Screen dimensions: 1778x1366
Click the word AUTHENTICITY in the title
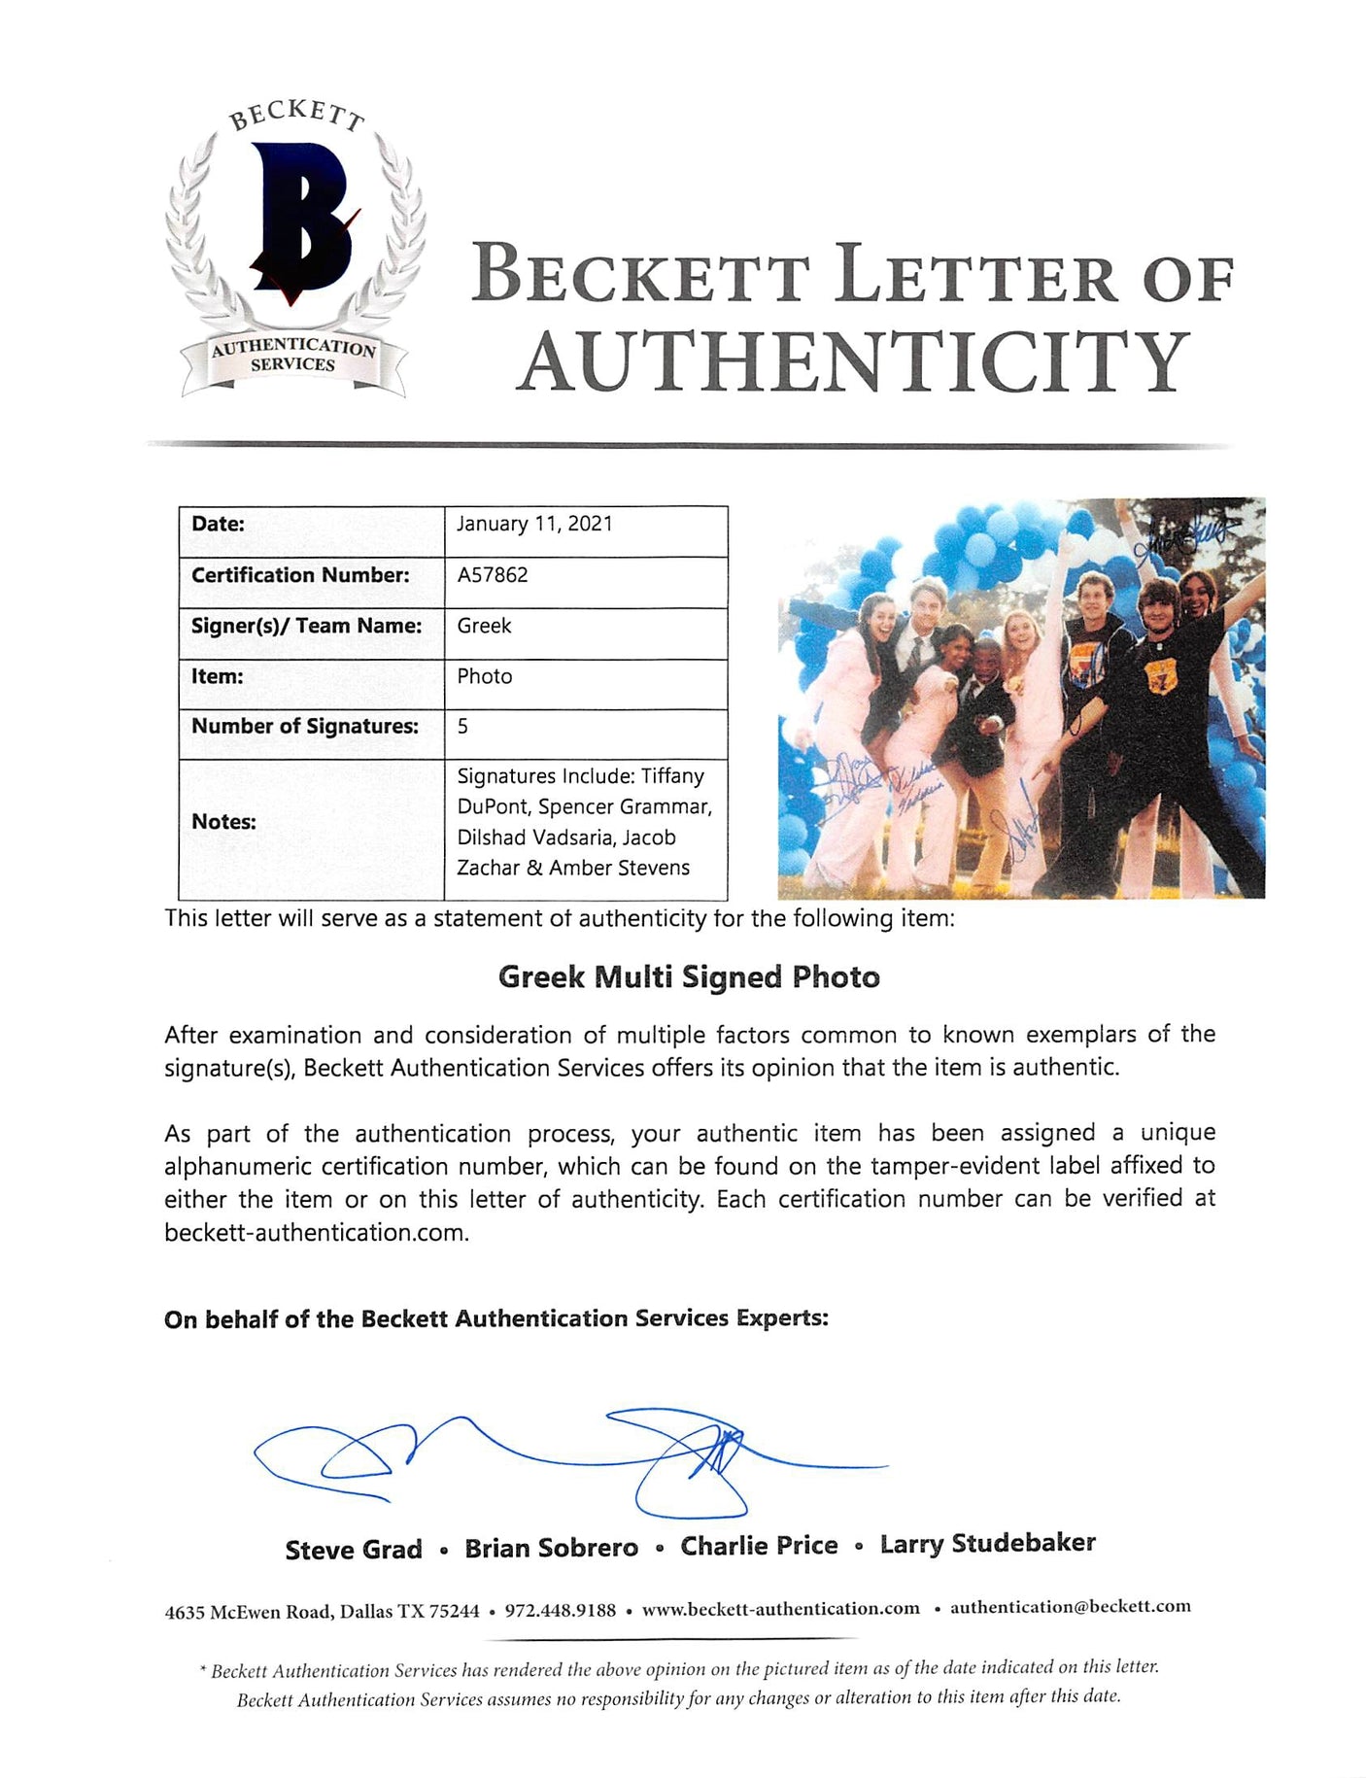[x=853, y=360]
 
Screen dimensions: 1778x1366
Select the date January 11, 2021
[x=534, y=524]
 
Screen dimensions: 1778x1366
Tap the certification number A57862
[x=493, y=575]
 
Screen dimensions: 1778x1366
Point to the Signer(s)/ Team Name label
[x=306, y=626]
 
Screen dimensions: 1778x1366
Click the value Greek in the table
[x=484, y=626]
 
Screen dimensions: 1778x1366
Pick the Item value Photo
[x=484, y=676]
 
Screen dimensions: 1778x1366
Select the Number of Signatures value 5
[x=462, y=726]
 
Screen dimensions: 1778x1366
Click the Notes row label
[x=223, y=822]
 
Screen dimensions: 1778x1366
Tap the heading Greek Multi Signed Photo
[x=689, y=977]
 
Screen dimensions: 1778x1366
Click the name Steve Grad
[x=354, y=1550]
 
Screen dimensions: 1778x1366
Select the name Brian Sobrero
[x=551, y=1548]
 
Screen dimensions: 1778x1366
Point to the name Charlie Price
[x=759, y=1546]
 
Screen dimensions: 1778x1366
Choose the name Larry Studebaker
[x=987, y=1543]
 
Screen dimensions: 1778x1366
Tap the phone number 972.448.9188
[x=560, y=1610]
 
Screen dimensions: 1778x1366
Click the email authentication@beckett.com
[x=1070, y=1606]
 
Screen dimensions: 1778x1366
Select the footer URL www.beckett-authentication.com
[x=780, y=1608]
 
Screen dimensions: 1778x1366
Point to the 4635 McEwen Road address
[x=322, y=1612]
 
